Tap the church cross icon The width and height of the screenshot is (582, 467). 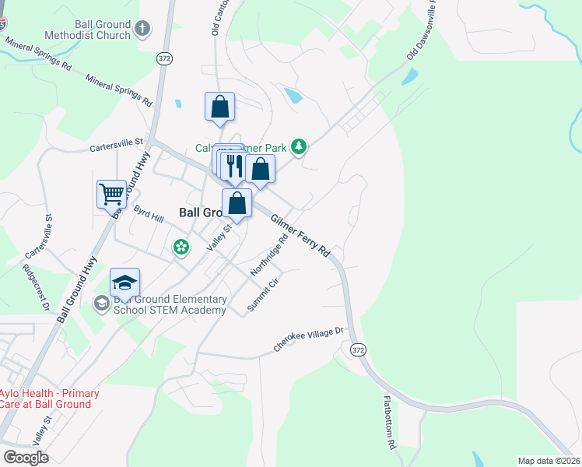142,30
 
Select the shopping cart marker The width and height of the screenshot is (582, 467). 111,194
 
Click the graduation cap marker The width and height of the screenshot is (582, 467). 124,282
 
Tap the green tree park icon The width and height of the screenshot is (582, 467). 298,146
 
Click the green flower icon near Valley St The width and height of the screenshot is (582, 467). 181,248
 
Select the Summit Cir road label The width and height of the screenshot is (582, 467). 262,295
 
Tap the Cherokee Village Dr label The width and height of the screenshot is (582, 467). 308,340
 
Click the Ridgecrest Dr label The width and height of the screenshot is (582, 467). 36,286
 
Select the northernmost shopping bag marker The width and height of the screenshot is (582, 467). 220,106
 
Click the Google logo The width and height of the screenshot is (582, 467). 26,457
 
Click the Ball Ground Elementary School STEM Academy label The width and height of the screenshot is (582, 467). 170,304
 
